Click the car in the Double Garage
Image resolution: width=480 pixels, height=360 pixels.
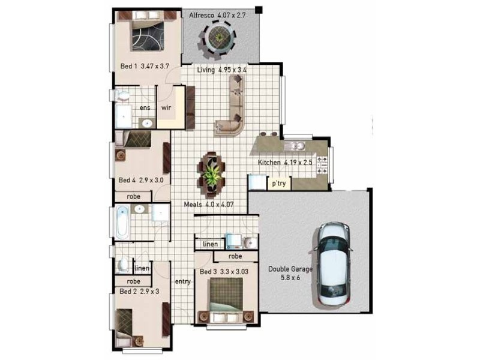(x=332, y=264)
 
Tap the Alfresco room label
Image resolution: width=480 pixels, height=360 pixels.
(x=217, y=15)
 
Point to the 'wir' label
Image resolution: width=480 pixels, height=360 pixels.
(x=166, y=107)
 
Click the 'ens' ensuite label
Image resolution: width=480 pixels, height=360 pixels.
(x=145, y=108)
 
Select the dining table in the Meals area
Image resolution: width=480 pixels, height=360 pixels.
(x=212, y=175)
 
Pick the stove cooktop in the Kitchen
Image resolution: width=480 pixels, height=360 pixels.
(x=322, y=166)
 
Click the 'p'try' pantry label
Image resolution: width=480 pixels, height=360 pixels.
(x=279, y=184)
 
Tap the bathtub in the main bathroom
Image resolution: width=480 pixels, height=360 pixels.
(x=122, y=222)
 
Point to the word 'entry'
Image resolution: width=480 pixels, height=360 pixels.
(x=183, y=281)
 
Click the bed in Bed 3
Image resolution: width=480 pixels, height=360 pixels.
(x=226, y=301)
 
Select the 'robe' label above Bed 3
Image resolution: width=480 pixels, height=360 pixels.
(x=235, y=256)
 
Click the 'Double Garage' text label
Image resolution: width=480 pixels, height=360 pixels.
(x=290, y=269)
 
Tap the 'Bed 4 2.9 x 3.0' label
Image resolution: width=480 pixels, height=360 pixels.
(x=141, y=180)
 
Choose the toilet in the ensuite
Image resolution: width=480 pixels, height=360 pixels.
(x=123, y=95)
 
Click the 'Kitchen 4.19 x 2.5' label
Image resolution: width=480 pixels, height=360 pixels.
(x=285, y=162)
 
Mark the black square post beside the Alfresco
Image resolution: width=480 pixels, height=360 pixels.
(x=259, y=10)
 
